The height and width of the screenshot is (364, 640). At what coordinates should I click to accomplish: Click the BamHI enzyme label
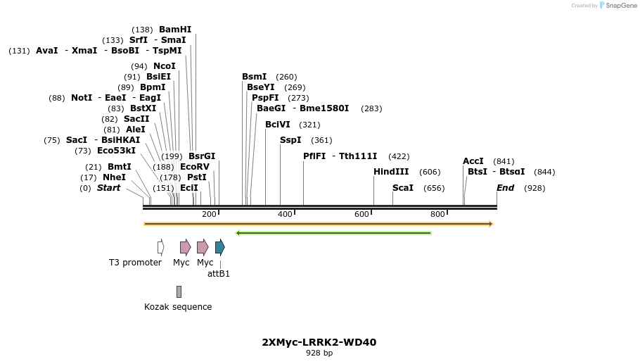click(175, 30)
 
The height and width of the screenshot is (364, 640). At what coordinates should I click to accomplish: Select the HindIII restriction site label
click(391, 172)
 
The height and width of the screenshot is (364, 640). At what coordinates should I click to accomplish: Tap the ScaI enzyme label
click(403, 188)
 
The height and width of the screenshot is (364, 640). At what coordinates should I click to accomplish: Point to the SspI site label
click(290, 140)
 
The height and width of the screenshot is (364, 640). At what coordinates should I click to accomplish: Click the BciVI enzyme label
click(278, 125)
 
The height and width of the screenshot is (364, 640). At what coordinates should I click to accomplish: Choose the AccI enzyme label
click(473, 161)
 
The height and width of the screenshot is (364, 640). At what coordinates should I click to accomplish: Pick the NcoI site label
click(165, 66)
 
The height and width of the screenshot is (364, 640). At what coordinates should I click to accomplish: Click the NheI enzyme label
click(115, 177)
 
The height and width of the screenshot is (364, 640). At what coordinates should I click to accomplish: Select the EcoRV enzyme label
click(195, 167)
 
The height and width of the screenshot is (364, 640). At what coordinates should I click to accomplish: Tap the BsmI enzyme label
click(255, 77)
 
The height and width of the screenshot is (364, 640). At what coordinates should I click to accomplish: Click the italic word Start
click(109, 188)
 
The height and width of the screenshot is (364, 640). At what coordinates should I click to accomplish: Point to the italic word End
click(506, 188)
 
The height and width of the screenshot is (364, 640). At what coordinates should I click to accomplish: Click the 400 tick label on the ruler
click(285, 214)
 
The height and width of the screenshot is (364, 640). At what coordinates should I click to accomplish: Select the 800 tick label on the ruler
click(437, 214)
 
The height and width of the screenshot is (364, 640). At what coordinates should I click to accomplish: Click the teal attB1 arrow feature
click(220, 246)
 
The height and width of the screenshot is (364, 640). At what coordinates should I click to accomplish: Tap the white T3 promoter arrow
click(161, 246)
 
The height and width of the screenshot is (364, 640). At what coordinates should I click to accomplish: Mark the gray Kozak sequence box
click(179, 291)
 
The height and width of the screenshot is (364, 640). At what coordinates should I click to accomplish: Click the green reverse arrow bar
click(333, 233)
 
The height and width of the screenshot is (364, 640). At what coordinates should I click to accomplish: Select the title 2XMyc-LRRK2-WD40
click(319, 343)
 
